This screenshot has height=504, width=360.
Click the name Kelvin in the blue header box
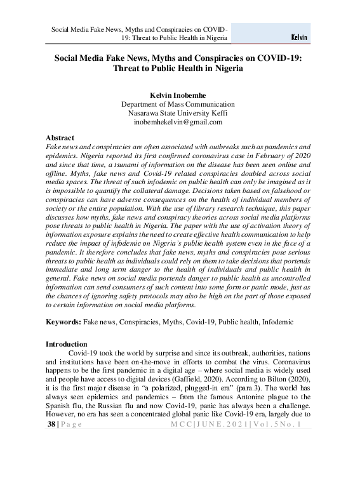pyautogui.click(x=298, y=37)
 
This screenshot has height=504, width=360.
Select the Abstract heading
pyautogui.click(x=60, y=138)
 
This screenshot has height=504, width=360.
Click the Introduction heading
pyautogui.click(x=67, y=343)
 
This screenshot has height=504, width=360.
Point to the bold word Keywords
pyautogui.click(x=63, y=322)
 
